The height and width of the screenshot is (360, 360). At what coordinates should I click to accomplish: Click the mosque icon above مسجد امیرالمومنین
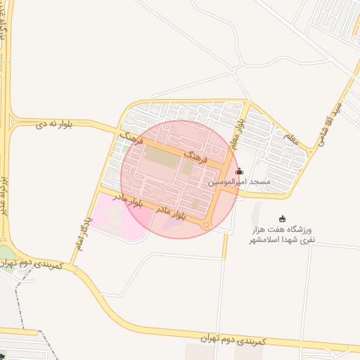[239, 171]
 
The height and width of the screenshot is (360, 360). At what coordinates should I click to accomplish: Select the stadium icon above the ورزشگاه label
[283, 219]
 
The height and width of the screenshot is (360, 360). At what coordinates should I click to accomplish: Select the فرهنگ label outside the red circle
[131, 136]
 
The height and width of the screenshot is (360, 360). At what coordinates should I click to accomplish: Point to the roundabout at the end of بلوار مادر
[206, 225]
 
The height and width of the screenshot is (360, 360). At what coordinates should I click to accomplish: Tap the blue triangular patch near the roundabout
[170, 224]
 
